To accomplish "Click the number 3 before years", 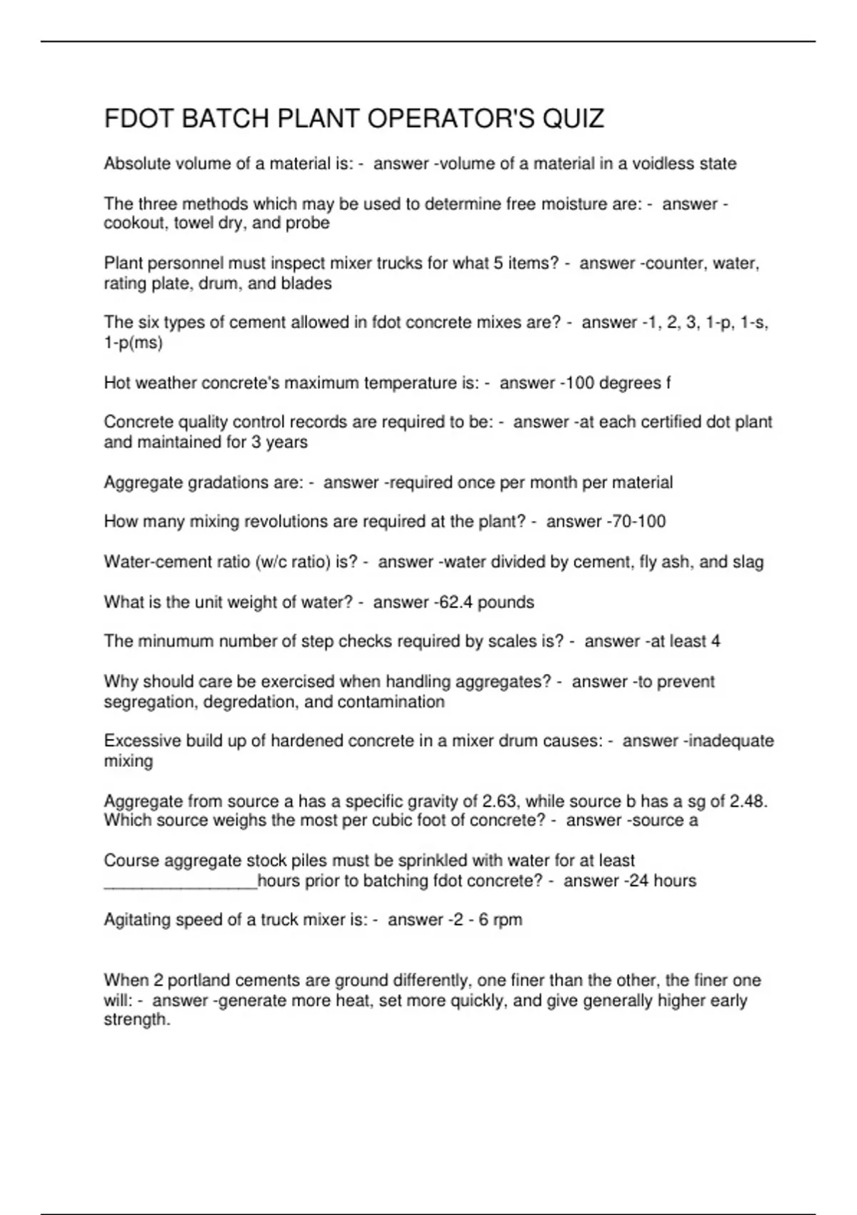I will click(256, 442).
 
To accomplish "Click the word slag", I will click(747, 562).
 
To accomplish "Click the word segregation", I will click(149, 702).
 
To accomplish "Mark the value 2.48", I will click(748, 801).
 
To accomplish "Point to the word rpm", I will click(508, 920).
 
